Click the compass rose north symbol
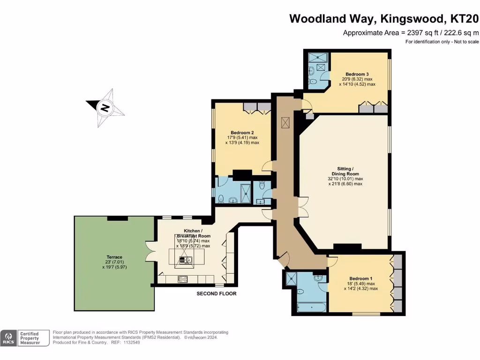point(105,108)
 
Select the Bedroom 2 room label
point(242,132)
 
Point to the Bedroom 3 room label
point(357,74)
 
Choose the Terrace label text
point(114,257)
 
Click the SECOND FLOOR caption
point(217,294)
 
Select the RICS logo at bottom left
point(8,338)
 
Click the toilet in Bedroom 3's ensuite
point(313,83)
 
